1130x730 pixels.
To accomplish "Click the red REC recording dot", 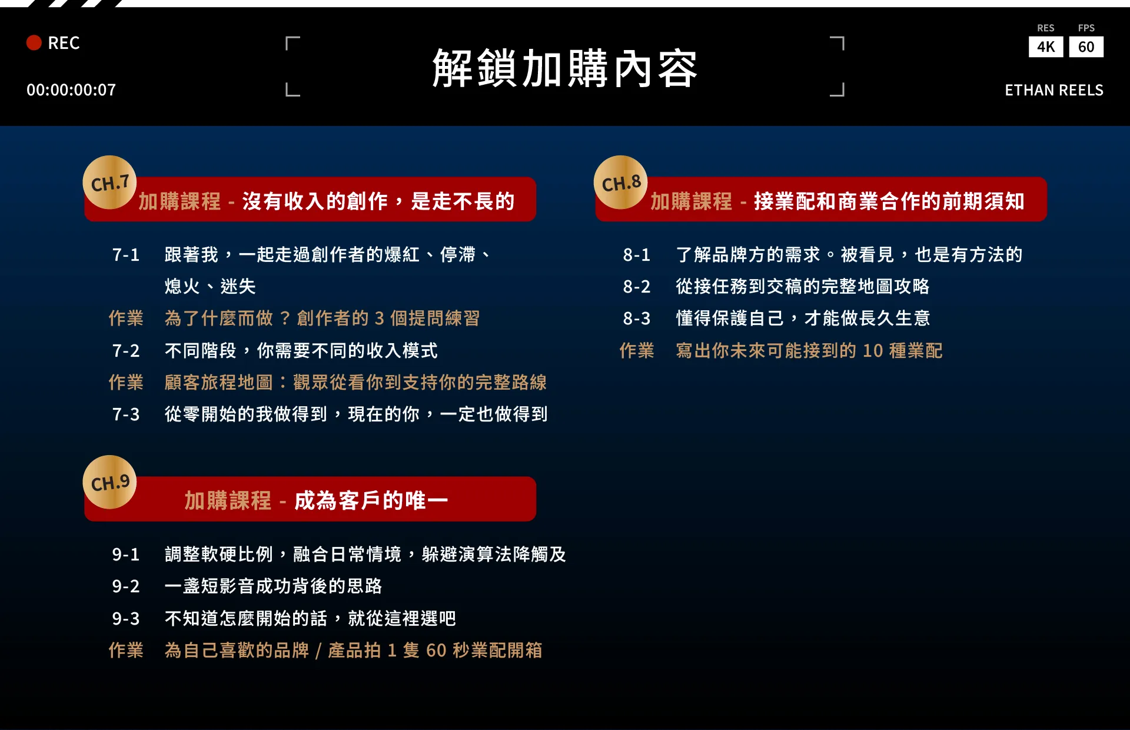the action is (34, 43).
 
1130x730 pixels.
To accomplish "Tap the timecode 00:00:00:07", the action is (71, 90).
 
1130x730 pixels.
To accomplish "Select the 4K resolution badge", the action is (1046, 47).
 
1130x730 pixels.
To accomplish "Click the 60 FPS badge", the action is (1086, 47).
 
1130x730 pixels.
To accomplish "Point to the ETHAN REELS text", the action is (1054, 90).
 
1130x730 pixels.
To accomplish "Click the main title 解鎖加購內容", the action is (565, 68).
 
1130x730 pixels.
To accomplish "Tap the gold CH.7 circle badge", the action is (110, 182).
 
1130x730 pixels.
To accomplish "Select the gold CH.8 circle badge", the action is (621, 182).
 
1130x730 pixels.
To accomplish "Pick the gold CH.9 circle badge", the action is (110, 482).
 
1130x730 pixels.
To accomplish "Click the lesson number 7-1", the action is (126, 255).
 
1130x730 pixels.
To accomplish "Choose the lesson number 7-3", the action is (126, 414).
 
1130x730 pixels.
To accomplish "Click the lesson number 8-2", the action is (637, 287).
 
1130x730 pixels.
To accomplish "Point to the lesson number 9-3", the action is (126, 619).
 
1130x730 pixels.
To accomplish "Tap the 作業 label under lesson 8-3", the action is (637, 351).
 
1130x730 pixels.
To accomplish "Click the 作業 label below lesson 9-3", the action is (126, 651).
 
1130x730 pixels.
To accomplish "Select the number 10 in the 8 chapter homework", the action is (873, 351).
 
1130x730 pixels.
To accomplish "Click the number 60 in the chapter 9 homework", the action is (436, 651).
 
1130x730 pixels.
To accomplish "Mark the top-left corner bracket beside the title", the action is (287, 38).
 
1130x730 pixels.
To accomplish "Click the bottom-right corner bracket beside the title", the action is (843, 95).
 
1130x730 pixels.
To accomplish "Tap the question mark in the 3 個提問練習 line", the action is (285, 318).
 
